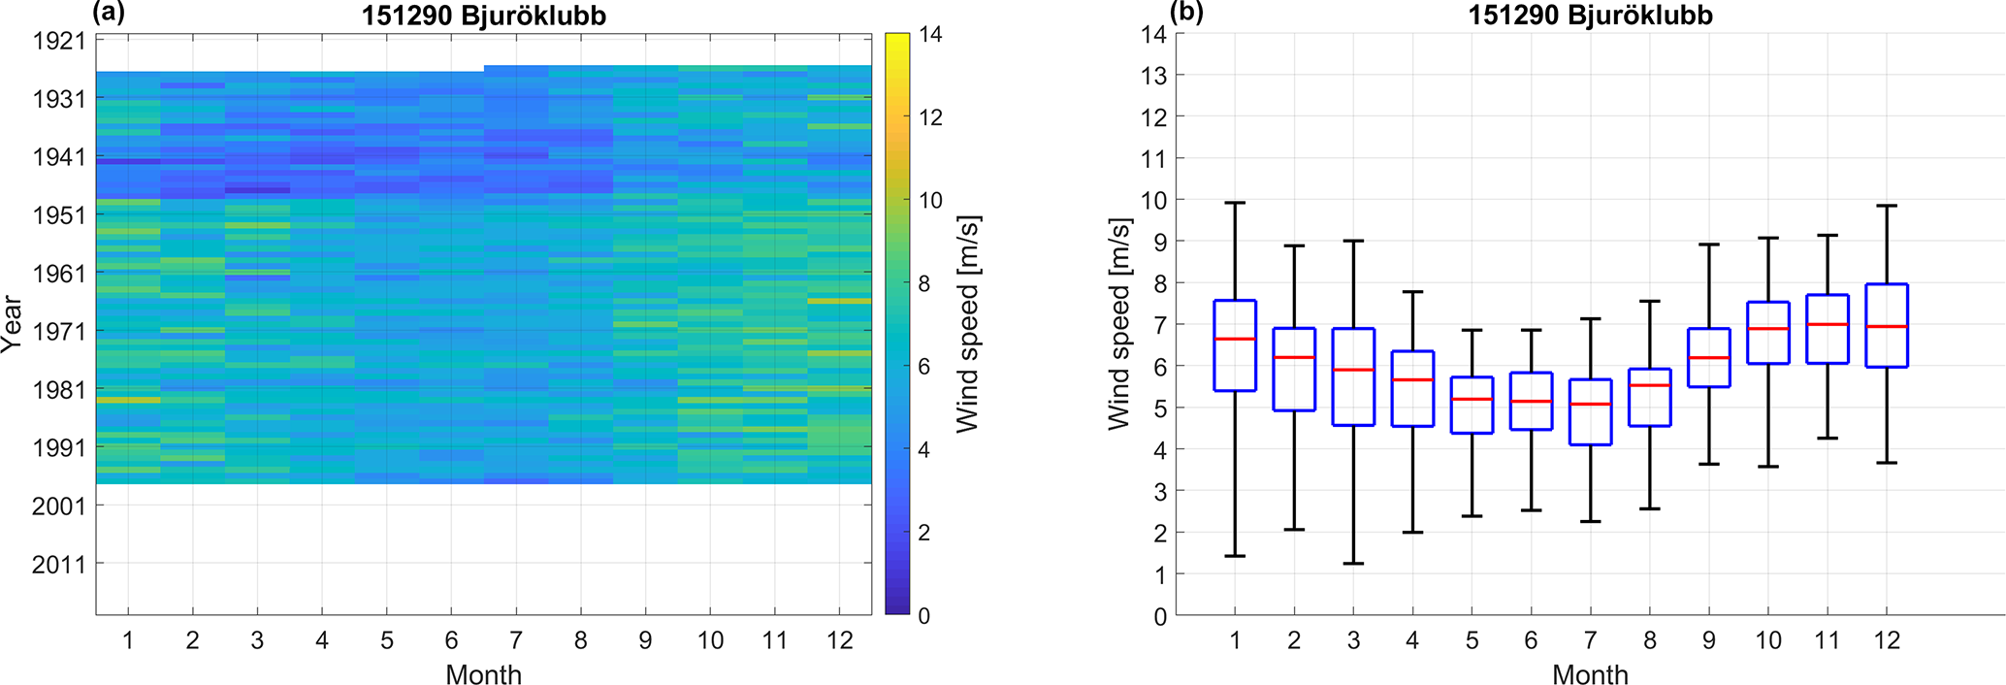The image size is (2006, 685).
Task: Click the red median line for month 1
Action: click(1235, 339)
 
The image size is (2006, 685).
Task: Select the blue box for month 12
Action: click(1887, 325)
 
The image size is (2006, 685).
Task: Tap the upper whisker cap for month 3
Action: click(1353, 241)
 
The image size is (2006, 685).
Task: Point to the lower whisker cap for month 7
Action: click(1590, 522)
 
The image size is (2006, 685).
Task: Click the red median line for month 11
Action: click(1828, 324)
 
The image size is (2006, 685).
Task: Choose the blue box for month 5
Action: click(1472, 405)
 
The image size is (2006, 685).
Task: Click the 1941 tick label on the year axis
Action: click(59, 157)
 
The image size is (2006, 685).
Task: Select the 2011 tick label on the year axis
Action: click(59, 564)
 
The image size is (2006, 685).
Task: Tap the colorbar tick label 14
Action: click(930, 35)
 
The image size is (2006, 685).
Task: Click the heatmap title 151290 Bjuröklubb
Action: click(483, 16)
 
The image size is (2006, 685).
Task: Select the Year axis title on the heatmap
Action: click(13, 324)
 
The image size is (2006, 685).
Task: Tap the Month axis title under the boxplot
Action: click(1590, 674)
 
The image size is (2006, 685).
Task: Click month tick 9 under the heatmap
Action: click(645, 640)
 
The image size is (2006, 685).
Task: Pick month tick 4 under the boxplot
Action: click(1412, 640)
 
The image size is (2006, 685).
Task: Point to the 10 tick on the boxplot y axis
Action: click(1153, 200)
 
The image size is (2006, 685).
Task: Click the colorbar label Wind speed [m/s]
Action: click(967, 324)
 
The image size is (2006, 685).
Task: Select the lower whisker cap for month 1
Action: click(1235, 556)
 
